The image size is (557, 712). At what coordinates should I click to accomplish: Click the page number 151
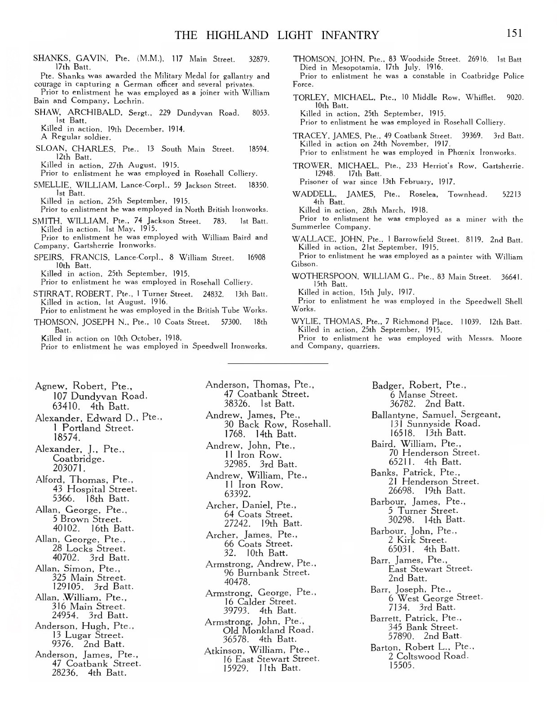(514, 33)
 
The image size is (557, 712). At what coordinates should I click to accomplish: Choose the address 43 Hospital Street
(95, 489)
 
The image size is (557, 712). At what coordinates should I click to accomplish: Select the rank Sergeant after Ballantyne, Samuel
(480, 415)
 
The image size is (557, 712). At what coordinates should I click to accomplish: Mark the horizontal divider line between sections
(278, 363)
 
